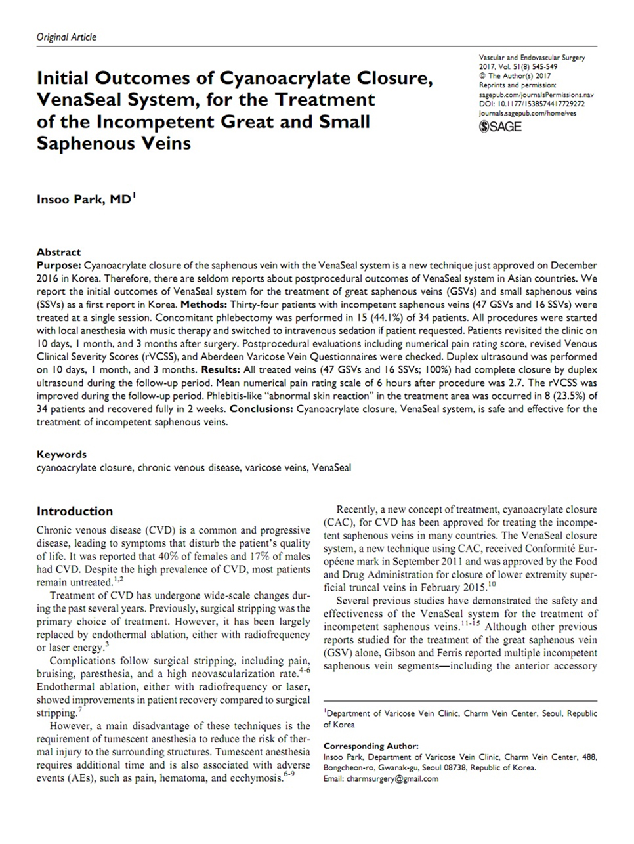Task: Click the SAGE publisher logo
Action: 500,127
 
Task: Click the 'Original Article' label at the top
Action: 66,37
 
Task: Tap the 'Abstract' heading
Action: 59,252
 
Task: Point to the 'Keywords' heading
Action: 62,454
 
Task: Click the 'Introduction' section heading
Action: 75,511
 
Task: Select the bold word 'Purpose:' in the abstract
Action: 59,266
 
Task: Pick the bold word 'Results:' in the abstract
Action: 221,369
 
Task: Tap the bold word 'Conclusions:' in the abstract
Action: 259,409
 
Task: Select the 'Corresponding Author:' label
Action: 370,746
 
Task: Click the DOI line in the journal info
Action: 532,104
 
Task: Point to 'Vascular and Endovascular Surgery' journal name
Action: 532,58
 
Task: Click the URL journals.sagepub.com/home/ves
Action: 528,113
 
